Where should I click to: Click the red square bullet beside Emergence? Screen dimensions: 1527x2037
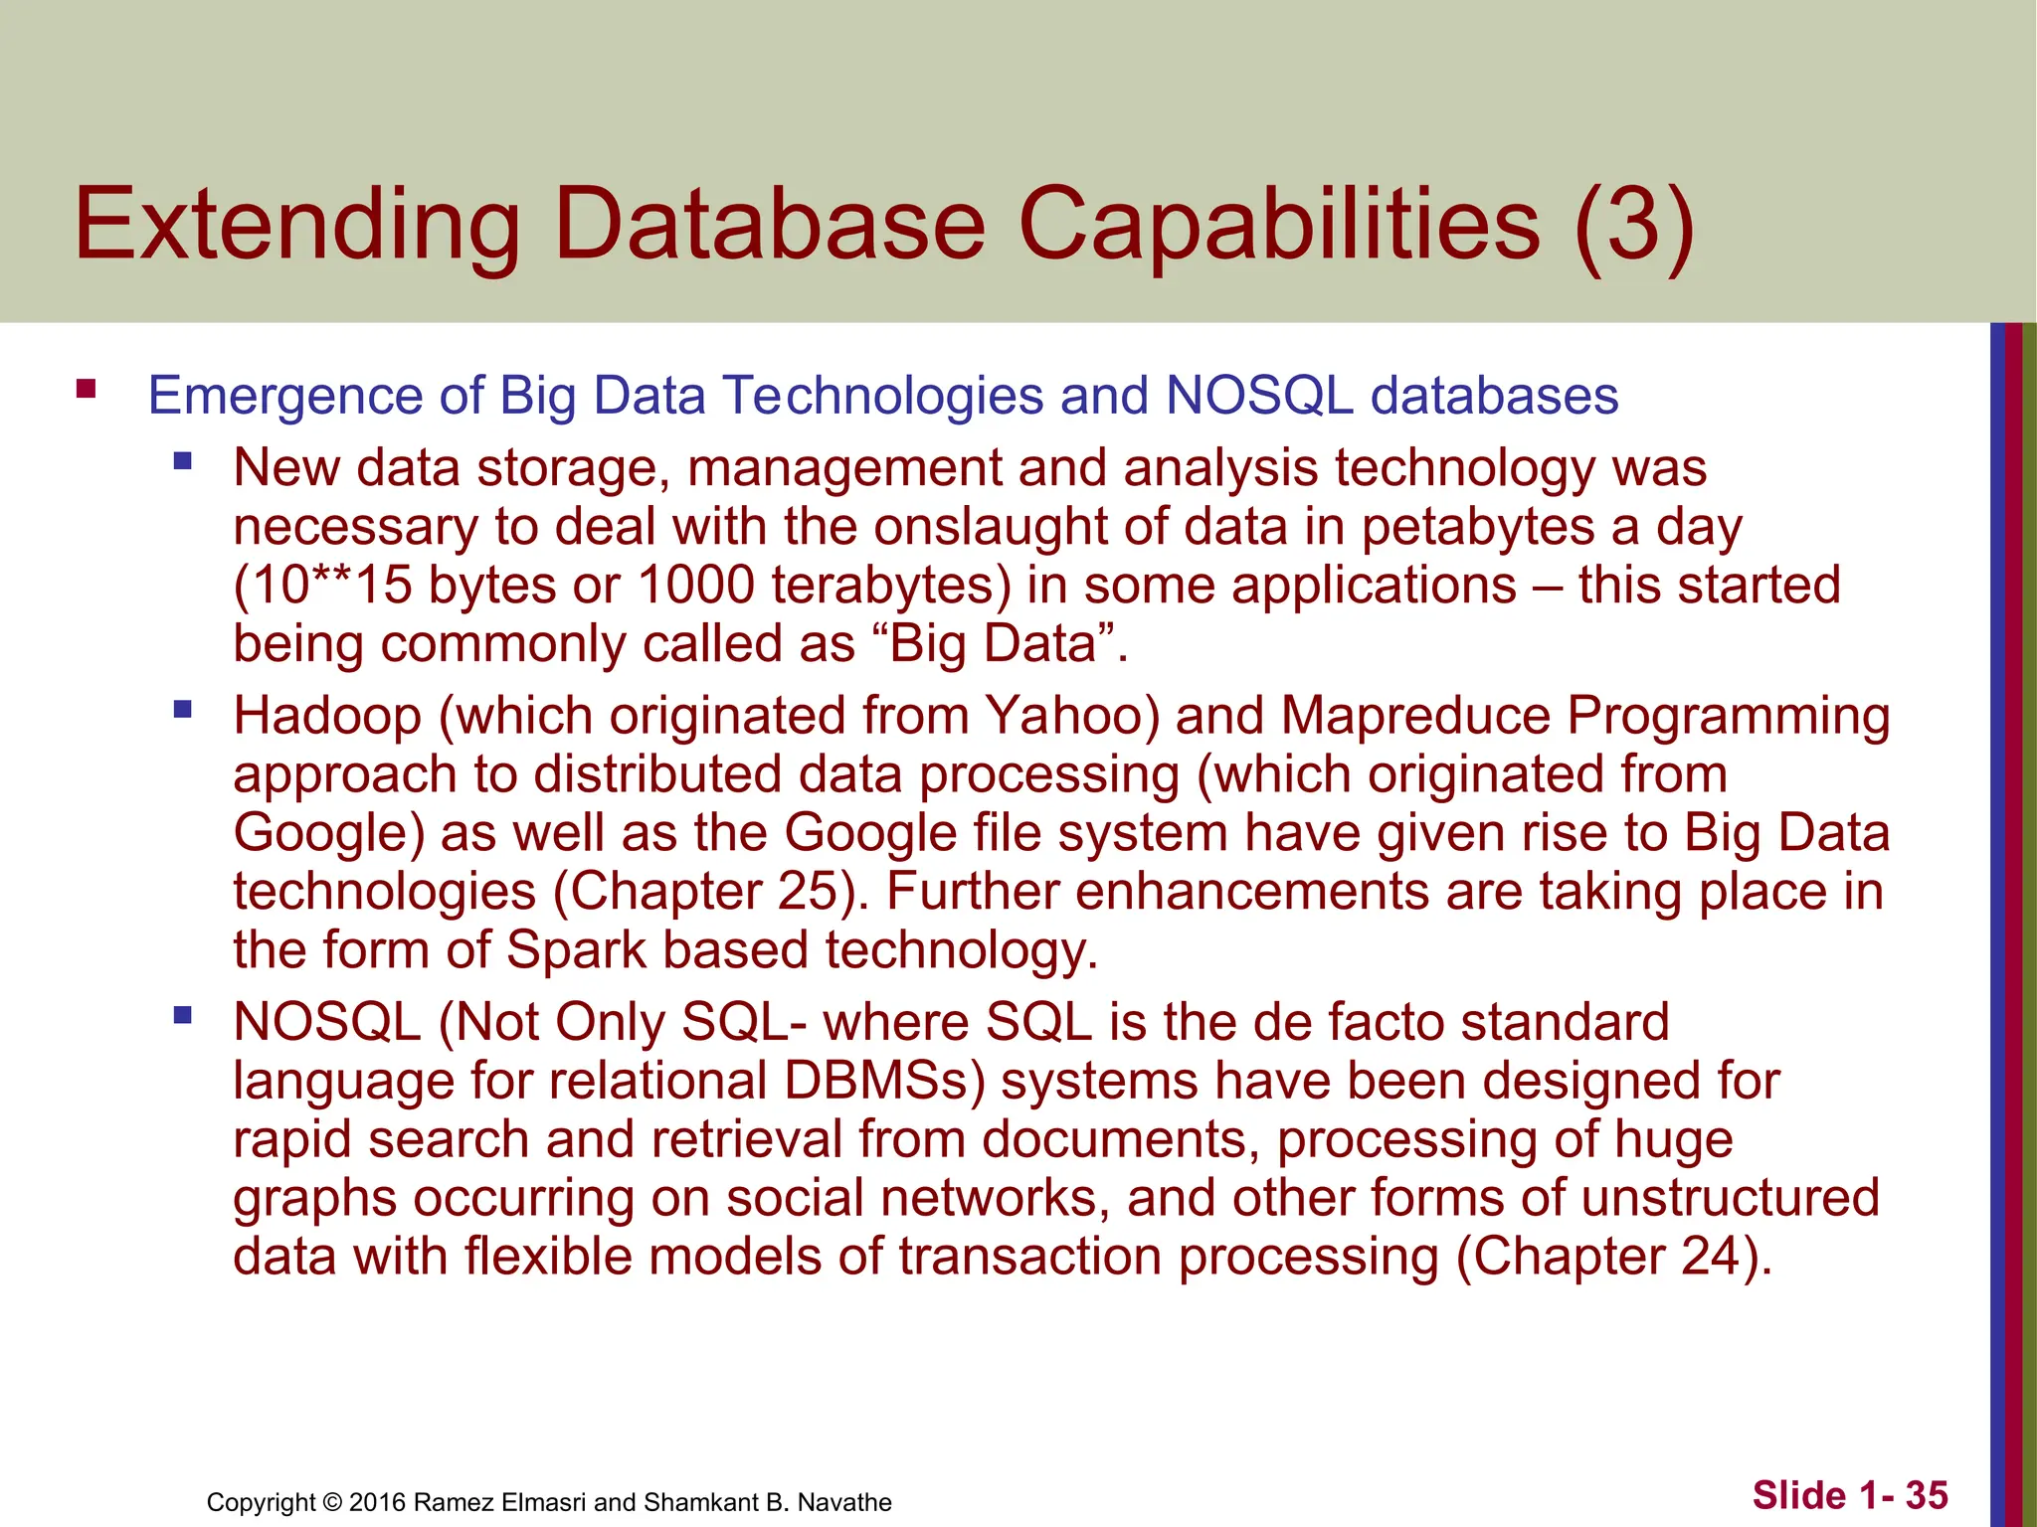86,389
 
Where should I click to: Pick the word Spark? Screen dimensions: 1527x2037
576,949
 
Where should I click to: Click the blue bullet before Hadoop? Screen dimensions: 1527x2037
182,709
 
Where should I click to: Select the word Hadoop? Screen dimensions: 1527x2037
327,716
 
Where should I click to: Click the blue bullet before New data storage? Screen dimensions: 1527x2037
182,461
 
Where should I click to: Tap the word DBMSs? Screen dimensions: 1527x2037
876,1081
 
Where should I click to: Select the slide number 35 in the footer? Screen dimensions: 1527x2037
1927,1494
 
